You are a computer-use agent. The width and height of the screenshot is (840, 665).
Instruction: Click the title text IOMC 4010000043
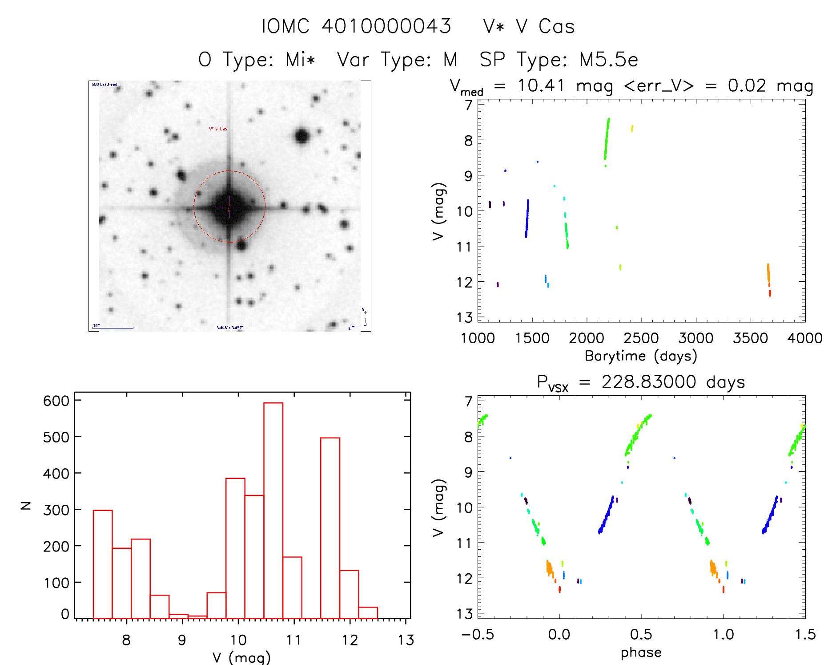click(x=356, y=26)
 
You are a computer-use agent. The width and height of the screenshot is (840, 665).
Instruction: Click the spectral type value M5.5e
click(x=608, y=60)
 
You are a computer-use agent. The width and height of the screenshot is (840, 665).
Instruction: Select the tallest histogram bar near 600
click(x=273, y=510)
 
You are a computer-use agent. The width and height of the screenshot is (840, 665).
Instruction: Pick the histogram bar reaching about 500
click(x=330, y=528)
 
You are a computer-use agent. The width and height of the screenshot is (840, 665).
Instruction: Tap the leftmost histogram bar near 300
click(x=103, y=564)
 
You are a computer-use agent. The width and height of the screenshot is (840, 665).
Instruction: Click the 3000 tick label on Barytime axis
click(x=695, y=338)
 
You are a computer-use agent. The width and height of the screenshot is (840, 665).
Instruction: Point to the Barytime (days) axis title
click(x=641, y=356)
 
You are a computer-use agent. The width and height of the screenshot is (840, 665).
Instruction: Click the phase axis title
click(x=641, y=653)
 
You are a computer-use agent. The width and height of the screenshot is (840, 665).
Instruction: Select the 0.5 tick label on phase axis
click(x=641, y=634)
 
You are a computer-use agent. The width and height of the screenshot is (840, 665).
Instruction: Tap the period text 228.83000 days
click(x=673, y=382)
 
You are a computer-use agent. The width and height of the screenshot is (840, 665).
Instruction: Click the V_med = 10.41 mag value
click(x=541, y=85)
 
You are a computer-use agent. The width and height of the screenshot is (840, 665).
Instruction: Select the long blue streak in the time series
click(x=527, y=218)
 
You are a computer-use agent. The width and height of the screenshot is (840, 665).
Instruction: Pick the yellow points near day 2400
click(x=632, y=129)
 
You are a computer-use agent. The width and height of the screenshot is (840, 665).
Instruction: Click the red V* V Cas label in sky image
click(x=218, y=129)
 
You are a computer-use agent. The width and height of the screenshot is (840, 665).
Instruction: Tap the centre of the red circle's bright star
click(x=229, y=207)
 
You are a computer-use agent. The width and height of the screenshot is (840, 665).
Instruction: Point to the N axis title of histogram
click(x=26, y=505)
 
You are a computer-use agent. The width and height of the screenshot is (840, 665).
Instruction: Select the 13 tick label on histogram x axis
click(x=406, y=640)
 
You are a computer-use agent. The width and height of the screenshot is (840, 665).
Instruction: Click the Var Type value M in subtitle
click(x=450, y=60)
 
